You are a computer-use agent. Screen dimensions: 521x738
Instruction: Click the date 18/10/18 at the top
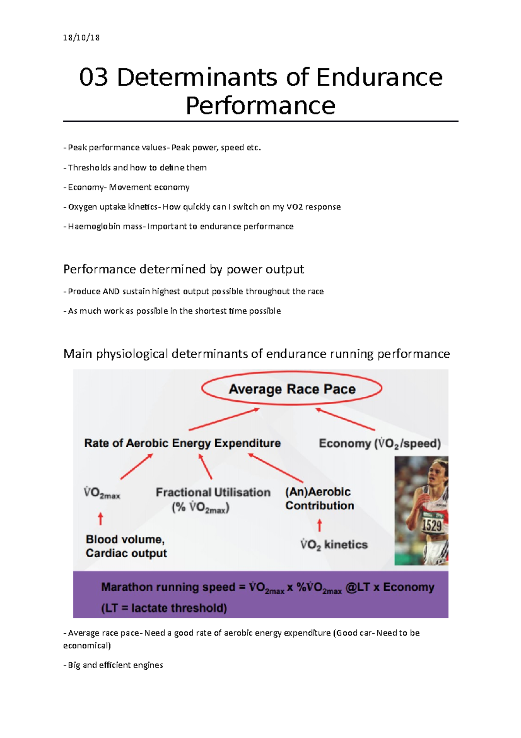[x=81, y=37]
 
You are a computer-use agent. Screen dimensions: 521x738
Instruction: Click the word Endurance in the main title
[x=379, y=78]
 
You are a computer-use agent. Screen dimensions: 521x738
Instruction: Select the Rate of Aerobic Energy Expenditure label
[x=182, y=443]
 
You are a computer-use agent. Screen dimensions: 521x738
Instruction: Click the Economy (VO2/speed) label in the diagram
[x=380, y=443]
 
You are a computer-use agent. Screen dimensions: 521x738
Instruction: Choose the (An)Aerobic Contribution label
[x=320, y=499]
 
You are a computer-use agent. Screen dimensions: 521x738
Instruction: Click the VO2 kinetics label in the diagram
[x=334, y=545]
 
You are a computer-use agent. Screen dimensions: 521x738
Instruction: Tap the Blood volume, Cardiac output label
[x=126, y=546]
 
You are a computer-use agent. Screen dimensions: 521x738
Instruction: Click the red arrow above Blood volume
[x=100, y=519]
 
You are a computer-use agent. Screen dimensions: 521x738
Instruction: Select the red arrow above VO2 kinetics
[x=320, y=525]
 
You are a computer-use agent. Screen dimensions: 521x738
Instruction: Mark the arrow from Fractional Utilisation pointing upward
[x=205, y=467]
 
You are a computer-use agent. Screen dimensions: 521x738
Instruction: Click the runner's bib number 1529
[x=432, y=525]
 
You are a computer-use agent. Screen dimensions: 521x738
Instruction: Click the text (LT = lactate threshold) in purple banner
[x=164, y=608]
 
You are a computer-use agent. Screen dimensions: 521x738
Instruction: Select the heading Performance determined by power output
[x=184, y=269]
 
